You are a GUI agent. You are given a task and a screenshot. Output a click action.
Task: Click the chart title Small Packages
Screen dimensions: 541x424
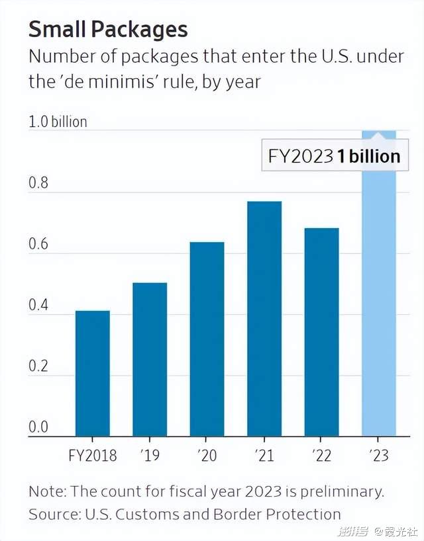(x=108, y=29)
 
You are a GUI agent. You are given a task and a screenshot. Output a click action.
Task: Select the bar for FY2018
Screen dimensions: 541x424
(x=93, y=374)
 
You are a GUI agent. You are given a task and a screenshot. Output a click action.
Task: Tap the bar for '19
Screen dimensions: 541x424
(x=150, y=360)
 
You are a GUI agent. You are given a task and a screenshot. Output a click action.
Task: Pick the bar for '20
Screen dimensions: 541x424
(x=207, y=339)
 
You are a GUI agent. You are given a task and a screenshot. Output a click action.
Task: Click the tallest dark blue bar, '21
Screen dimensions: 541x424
(x=264, y=319)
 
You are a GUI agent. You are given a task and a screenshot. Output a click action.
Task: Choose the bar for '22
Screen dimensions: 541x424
(x=321, y=332)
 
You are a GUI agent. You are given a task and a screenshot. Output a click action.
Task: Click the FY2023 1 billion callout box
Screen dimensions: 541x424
(x=334, y=156)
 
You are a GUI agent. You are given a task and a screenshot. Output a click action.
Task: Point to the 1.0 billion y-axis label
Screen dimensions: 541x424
(x=58, y=122)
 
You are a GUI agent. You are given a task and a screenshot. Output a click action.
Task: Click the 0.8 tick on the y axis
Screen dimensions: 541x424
(x=39, y=183)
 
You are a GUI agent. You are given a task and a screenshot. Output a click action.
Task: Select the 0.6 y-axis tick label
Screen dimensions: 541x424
(x=39, y=244)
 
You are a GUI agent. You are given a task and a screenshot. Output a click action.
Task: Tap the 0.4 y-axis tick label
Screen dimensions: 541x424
(x=39, y=306)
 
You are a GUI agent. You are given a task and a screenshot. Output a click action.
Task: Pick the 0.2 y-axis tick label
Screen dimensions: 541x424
(x=39, y=366)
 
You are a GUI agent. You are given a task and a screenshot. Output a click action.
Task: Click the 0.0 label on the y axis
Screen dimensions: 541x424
(x=39, y=427)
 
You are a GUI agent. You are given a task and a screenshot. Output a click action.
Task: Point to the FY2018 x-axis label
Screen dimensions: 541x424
(x=93, y=456)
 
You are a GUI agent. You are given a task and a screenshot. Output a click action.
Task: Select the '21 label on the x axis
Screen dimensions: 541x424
(x=264, y=456)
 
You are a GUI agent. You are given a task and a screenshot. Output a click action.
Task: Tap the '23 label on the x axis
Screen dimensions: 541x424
(x=379, y=456)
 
